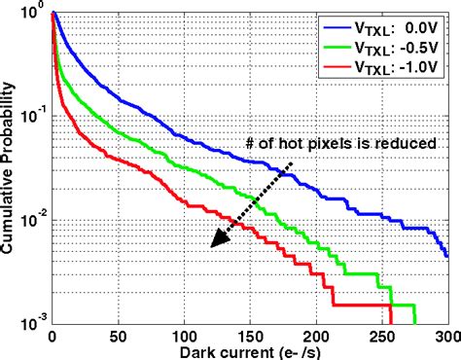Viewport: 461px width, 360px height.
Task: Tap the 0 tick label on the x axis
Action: coord(52,336)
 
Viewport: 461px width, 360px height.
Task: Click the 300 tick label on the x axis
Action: coord(445,336)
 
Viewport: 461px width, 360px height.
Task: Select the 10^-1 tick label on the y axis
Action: coord(33,118)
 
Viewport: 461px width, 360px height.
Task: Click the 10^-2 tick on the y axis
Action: coord(33,221)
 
